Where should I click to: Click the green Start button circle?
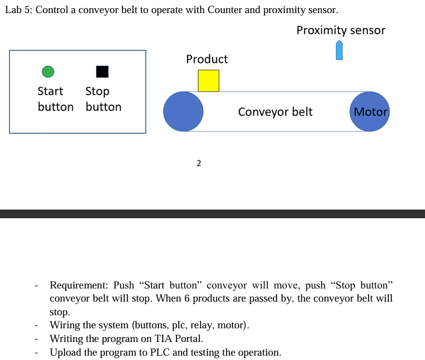click(x=48, y=72)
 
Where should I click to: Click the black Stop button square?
click(x=103, y=72)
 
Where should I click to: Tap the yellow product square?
click(x=208, y=81)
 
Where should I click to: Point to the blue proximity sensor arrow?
click(x=339, y=50)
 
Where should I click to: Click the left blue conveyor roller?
click(x=183, y=111)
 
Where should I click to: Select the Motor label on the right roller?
click(x=370, y=112)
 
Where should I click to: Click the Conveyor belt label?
click(x=275, y=112)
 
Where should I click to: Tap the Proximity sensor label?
click(x=340, y=30)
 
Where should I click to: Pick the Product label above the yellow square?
click(x=207, y=59)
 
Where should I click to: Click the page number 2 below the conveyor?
click(x=198, y=164)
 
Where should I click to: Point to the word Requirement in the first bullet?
click(x=78, y=285)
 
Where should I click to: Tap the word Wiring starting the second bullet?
click(x=65, y=325)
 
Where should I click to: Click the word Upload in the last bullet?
click(x=66, y=353)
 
